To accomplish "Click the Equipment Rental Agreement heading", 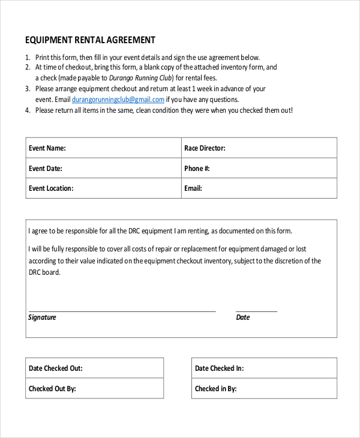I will [90, 40].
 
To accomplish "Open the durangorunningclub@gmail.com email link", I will [118, 100].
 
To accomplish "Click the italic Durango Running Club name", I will [141, 78].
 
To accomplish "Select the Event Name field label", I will [47, 148].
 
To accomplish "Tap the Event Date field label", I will [46, 169].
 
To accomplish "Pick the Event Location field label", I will [51, 188].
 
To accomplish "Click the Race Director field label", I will [205, 148].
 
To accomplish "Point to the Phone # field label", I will [197, 169].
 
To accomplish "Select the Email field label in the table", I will [193, 188].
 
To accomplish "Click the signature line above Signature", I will [122, 311].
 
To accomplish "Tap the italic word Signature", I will [42, 317].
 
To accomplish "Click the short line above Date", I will [257, 311].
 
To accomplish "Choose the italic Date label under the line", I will [243, 317].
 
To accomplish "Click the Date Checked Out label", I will [56, 368].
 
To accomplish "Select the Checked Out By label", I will [52, 389].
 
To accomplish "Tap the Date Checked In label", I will [219, 368].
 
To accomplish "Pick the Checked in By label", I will [215, 389].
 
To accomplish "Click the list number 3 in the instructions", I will [28, 89].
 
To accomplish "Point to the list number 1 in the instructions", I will [28, 57].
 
